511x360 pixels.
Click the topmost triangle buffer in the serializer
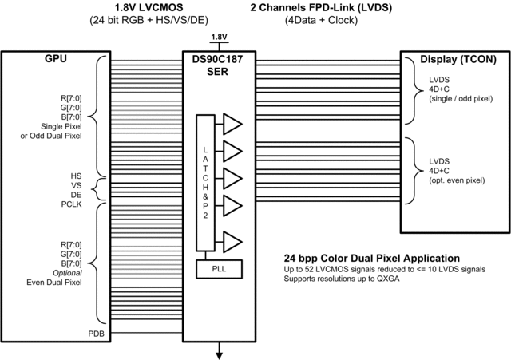232,123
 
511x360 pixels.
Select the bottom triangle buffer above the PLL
232,240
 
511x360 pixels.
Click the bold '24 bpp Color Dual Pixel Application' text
371,259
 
